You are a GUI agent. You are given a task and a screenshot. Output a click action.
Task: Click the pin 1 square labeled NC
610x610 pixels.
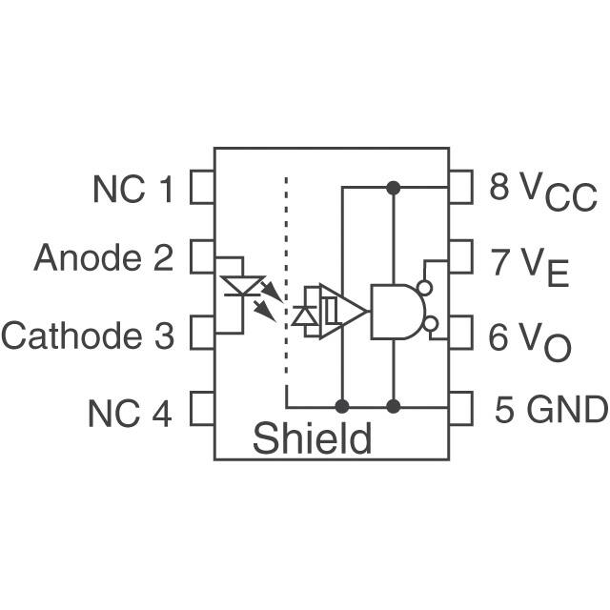pos(202,188)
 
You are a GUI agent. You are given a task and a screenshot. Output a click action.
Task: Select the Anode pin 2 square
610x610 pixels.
pos(202,256)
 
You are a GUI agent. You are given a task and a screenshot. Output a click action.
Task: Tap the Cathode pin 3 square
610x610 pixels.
pos(202,334)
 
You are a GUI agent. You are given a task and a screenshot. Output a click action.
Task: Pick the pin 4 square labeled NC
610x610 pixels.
pos(202,409)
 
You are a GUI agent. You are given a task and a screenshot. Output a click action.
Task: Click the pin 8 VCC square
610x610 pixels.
pos(460,188)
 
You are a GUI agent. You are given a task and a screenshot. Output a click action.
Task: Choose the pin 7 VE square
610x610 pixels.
pos(460,256)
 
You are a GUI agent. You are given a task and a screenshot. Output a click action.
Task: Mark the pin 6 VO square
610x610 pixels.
pos(460,334)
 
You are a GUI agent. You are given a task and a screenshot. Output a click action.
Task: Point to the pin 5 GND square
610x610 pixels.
pos(460,409)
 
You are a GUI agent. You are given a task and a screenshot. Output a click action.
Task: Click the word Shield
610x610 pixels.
pos(312,439)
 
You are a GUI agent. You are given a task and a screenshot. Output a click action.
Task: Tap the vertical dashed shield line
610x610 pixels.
pos(286,286)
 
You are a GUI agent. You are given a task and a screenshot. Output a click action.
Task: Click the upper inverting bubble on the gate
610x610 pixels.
pos(425,287)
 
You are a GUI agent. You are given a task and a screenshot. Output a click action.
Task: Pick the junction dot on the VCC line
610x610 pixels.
pos(393,188)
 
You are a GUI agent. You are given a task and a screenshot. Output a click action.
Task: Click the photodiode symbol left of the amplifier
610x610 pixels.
pos(307,315)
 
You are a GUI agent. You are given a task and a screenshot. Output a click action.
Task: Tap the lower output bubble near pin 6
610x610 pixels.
pos(431,325)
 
